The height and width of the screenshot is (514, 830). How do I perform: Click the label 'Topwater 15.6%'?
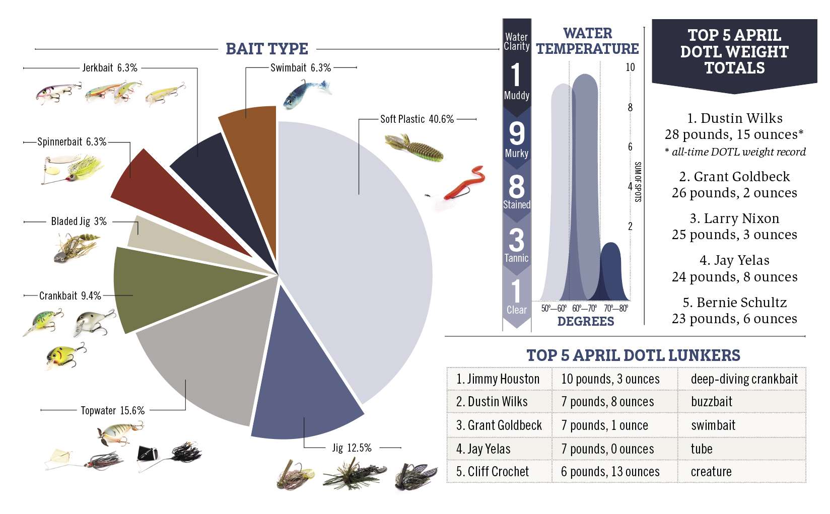point(112,411)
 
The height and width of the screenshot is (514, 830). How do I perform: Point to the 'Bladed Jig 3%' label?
point(79,222)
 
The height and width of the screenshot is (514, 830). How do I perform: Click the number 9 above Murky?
point(516,133)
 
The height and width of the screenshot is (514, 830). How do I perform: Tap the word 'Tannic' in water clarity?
point(516,258)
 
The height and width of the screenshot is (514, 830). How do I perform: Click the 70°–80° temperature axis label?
point(616,308)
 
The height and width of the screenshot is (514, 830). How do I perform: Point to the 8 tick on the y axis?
point(630,107)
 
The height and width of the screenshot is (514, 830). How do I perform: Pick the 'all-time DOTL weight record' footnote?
point(738,152)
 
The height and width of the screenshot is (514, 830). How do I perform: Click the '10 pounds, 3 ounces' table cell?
point(610,379)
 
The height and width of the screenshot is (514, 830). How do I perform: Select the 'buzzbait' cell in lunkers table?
point(711,402)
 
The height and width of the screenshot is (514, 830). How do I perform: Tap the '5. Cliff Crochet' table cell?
point(492,472)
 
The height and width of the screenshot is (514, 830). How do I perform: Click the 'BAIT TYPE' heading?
point(266,49)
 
